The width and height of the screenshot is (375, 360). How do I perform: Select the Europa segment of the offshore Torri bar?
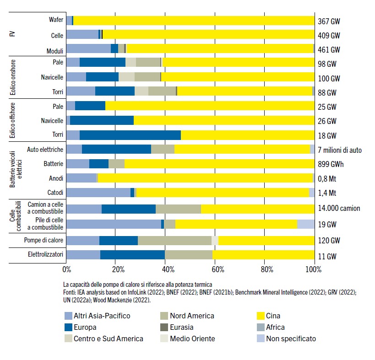[x=130, y=135]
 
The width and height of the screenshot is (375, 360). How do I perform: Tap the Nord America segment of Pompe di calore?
[x=174, y=241]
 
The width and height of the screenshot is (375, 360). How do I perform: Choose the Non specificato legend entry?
[x=288, y=339]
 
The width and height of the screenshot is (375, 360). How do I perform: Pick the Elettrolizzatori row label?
[x=45, y=255]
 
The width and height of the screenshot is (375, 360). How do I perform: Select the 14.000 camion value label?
[x=339, y=208]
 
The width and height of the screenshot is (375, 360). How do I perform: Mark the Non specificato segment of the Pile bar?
[x=305, y=224]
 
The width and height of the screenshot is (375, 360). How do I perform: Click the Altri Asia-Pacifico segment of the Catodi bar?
[x=98, y=193]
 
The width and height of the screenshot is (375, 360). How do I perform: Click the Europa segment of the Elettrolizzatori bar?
[x=132, y=255]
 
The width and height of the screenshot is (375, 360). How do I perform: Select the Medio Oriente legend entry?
[x=192, y=339]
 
